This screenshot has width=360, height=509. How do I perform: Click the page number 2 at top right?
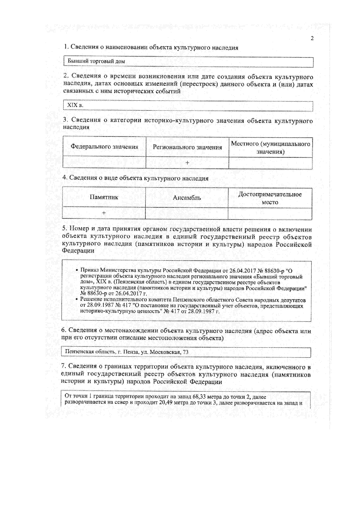(312, 38)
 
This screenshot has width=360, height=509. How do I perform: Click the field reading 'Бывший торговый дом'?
(96, 61)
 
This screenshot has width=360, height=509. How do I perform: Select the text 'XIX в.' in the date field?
(75, 105)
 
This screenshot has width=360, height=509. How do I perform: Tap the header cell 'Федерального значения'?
(104, 147)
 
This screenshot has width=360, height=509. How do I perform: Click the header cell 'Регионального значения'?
(187, 147)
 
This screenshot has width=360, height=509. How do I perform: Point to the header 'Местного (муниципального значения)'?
(270, 147)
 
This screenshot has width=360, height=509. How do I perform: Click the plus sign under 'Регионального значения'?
(187, 163)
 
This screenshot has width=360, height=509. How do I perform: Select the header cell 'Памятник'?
(104, 197)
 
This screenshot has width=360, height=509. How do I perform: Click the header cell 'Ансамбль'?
(187, 198)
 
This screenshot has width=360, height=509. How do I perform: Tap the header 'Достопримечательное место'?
(270, 198)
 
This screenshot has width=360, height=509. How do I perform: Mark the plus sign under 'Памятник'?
(104, 213)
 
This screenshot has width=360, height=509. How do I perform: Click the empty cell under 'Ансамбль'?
(187, 213)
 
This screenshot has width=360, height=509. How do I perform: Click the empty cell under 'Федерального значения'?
(104, 163)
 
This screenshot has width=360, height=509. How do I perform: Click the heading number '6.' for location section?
(64, 330)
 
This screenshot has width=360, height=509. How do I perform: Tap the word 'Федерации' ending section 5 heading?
(78, 251)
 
